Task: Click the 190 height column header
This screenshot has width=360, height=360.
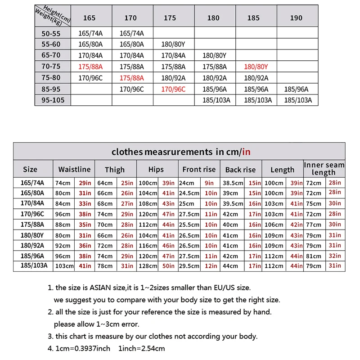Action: tap(296, 18)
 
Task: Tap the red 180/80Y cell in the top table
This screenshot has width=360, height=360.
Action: tap(256, 67)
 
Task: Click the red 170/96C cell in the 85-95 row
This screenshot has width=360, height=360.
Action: tap(173, 89)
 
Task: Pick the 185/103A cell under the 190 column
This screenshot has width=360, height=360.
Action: tap(297, 100)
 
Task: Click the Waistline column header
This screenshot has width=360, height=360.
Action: tap(74, 170)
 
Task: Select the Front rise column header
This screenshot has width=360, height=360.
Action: tap(198, 170)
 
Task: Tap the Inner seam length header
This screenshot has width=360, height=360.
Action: tap(324, 169)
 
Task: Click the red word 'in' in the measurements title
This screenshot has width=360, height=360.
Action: tap(246, 152)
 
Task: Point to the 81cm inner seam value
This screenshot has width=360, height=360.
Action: tap(314, 256)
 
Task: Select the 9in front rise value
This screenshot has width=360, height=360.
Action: tap(210, 183)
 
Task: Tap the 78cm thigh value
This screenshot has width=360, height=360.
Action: tap(105, 266)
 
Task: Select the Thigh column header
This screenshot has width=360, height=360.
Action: tap(115, 170)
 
